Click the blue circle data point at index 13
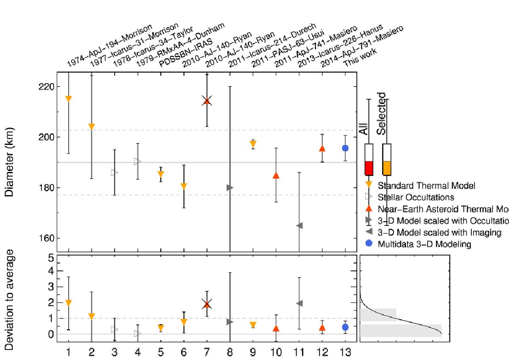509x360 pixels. coord(345,148)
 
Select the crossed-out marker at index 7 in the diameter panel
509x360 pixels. coord(207,101)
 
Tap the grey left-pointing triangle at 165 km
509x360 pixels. coord(299,225)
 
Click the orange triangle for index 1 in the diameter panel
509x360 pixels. coord(68,99)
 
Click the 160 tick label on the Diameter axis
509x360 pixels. coord(44,238)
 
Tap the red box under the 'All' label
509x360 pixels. coord(369,168)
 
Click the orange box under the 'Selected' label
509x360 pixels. coord(386,168)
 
